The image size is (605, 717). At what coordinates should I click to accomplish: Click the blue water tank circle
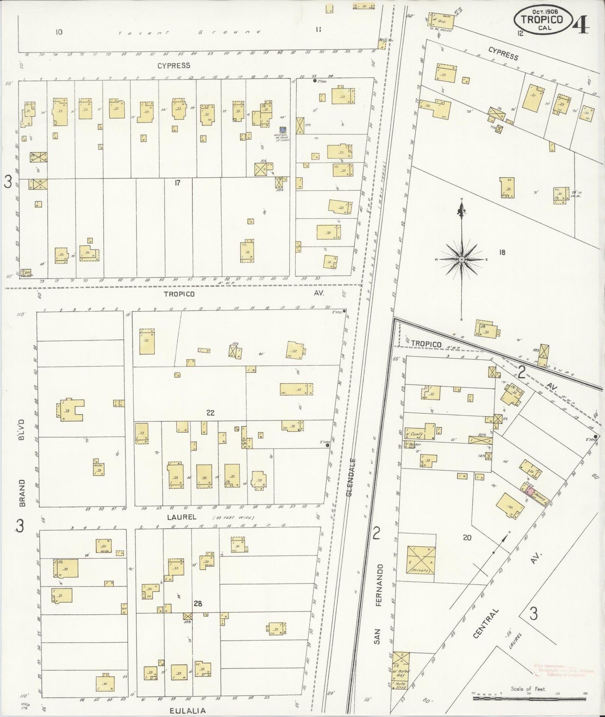pos(283,130)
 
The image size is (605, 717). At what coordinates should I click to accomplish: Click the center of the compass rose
pos(461,260)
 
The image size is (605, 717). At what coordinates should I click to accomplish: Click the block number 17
pos(178,183)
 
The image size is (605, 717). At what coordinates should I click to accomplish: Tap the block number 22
pos(210,413)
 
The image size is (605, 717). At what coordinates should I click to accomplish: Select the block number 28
pos(198,604)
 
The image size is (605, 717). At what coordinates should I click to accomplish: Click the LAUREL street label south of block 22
pos(179,517)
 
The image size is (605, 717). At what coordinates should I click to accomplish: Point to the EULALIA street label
pos(188,710)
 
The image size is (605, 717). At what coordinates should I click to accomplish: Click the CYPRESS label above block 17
pos(174,66)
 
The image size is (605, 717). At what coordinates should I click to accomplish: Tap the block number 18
pos(502,252)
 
